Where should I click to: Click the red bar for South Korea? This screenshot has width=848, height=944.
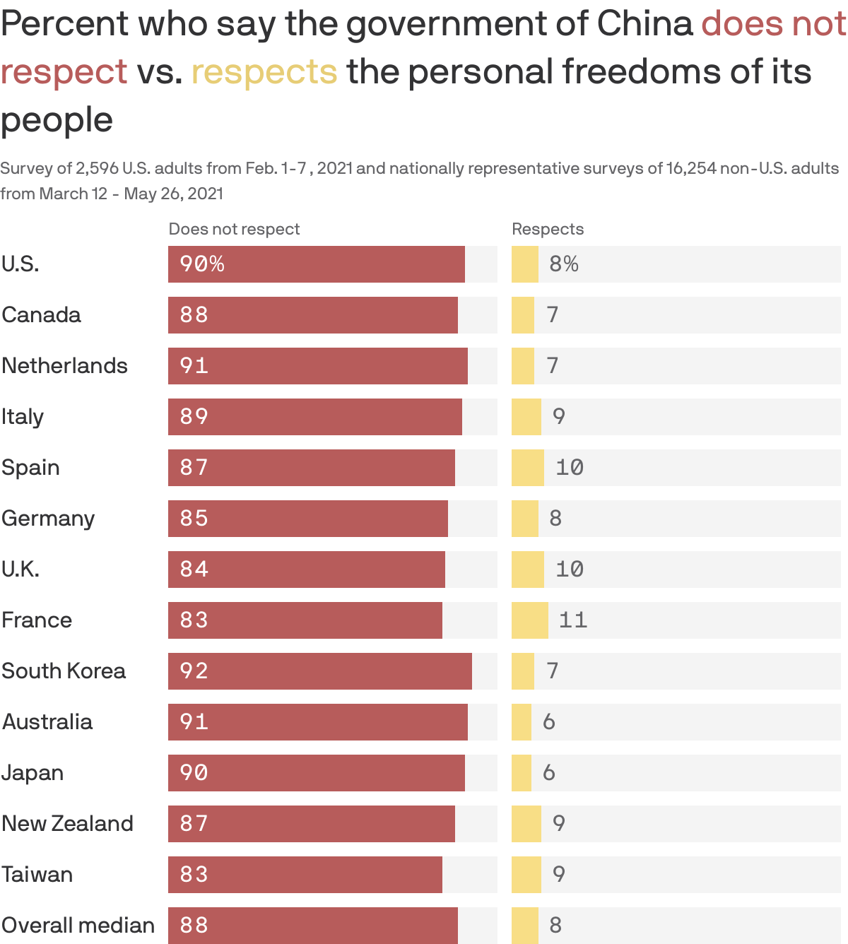click(319, 671)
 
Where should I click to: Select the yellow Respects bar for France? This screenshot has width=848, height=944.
click(529, 620)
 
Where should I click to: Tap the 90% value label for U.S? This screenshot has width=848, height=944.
click(202, 264)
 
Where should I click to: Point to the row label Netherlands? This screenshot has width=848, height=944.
click(64, 366)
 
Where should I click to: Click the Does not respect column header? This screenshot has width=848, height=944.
click(234, 229)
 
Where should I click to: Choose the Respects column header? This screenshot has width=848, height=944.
click(548, 229)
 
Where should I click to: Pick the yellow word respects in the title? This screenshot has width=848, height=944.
click(264, 72)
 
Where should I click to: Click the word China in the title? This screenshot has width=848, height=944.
click(644, 24)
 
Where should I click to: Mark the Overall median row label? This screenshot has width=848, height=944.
click(78, 926)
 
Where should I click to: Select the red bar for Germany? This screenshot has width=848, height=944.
click(307, 519)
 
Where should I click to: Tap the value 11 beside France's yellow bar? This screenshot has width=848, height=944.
click(573, 620)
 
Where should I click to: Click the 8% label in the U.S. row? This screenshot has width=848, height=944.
click(564, 264)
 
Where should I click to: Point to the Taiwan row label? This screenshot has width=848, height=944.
click(37, 875)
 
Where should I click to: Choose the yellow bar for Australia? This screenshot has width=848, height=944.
click(522, 722)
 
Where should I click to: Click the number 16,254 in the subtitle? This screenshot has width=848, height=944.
click(691, 168)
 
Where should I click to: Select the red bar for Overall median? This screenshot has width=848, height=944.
click(312, 926)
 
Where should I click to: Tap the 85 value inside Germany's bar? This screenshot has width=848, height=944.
click(194, 519)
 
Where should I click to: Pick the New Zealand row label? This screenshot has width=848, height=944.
click(67, 824)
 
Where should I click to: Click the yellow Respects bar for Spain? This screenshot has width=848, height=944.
click(527, 468)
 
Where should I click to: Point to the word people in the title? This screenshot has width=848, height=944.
click(57, 120)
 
